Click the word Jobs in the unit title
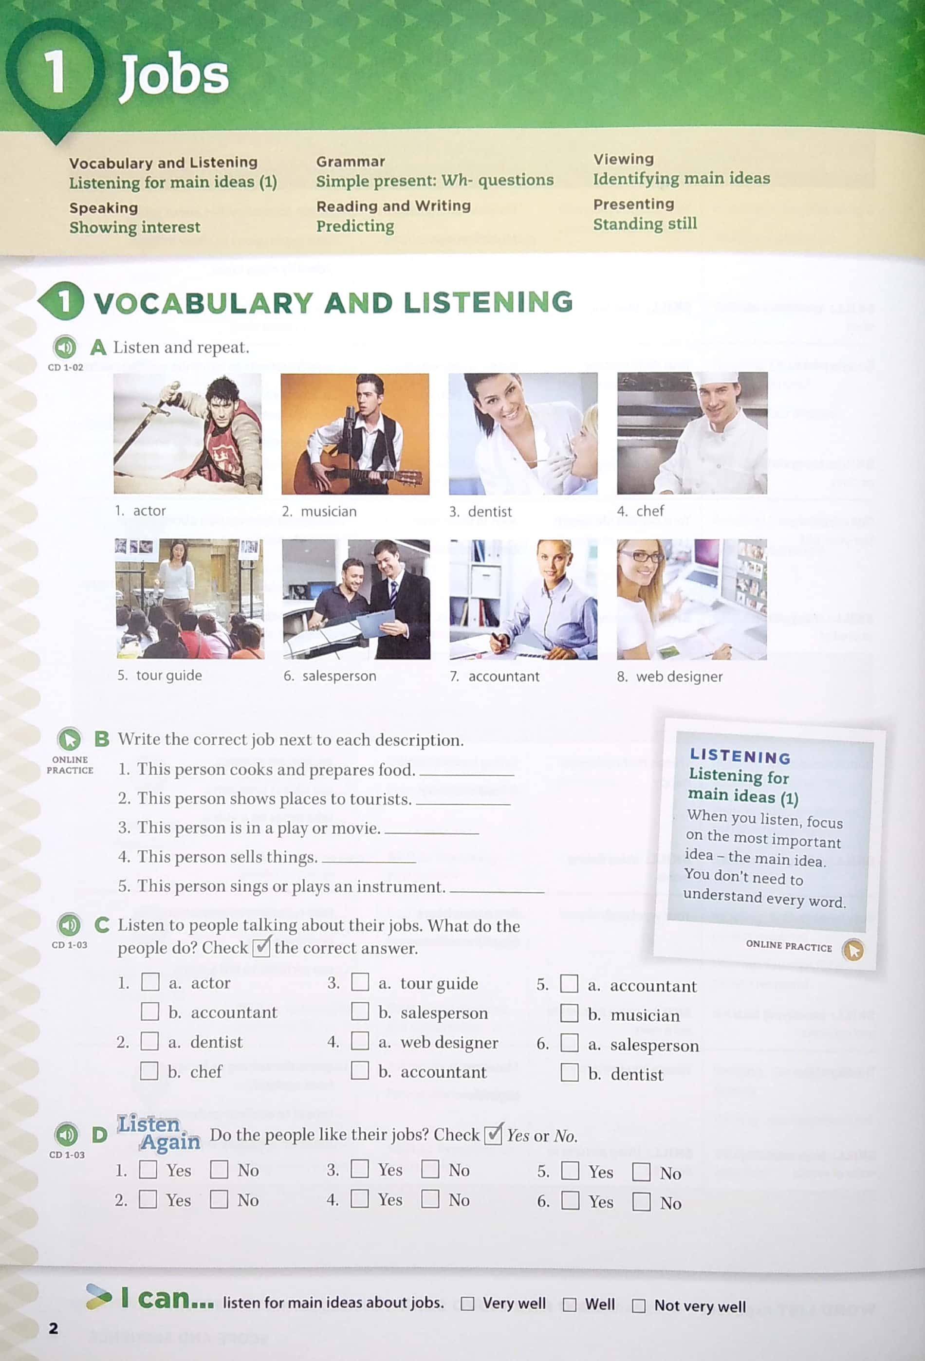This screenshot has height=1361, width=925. click(x=174, y=75)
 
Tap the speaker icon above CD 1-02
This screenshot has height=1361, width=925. click(x=65, y=347)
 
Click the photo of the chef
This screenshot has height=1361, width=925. click(x=692, y=433)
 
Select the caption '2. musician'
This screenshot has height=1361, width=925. click(x=319, y=511)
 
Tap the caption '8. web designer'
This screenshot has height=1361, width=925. click(x=669, y=677)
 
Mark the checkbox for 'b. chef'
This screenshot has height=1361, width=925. click(x=149, y=1070)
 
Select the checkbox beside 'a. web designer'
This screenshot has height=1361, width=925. click(x=360, y=1041)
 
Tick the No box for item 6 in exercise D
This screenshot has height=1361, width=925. click(x=642, y=1202)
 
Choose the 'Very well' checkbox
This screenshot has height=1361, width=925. click(x=467, y=1304)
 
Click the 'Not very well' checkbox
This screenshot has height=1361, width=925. click(x=639, y=1306)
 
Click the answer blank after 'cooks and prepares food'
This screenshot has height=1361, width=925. click(x=467, y=775)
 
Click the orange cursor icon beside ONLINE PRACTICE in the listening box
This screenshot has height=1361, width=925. click(x=853, y=949)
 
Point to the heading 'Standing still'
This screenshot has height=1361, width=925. click(x=645, y=224)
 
